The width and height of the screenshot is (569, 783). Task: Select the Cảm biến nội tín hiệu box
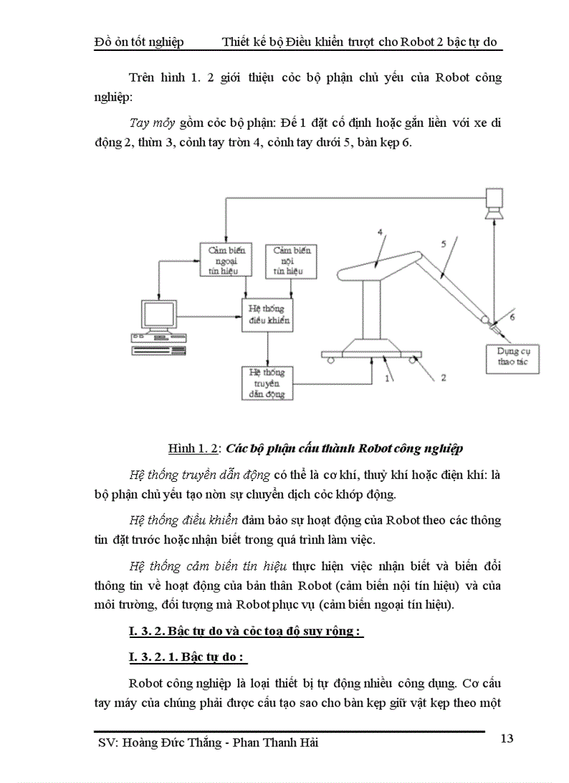(x=292, y=260)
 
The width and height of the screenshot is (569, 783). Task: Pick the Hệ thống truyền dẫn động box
(x=267, y=383)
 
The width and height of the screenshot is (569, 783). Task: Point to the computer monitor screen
(x=157, y=315)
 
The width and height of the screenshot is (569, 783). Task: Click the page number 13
(x=508, y=738)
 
